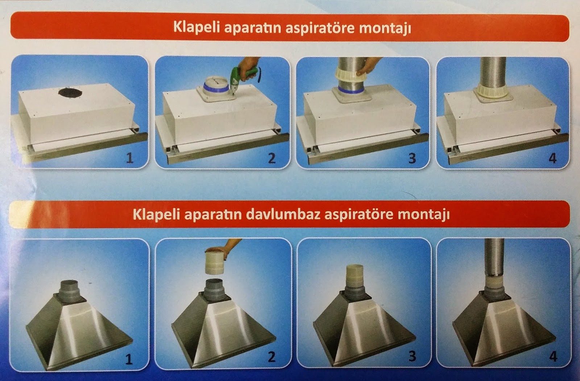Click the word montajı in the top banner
pyautogui.click(x=385, y=28)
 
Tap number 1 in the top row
pyautogui.click(x=130, y=158)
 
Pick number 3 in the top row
pyautogui.click(x=412, y=158)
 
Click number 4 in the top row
pyautogui.click(x=552, y=158)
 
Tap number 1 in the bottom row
pyautogui.click(x=129, y=359)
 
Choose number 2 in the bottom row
pyautogui.click(x=272, y=357)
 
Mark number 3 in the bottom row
pyautogui.click(x=412, y=356)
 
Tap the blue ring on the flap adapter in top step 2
pyautogui.click(x=216, y=87)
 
